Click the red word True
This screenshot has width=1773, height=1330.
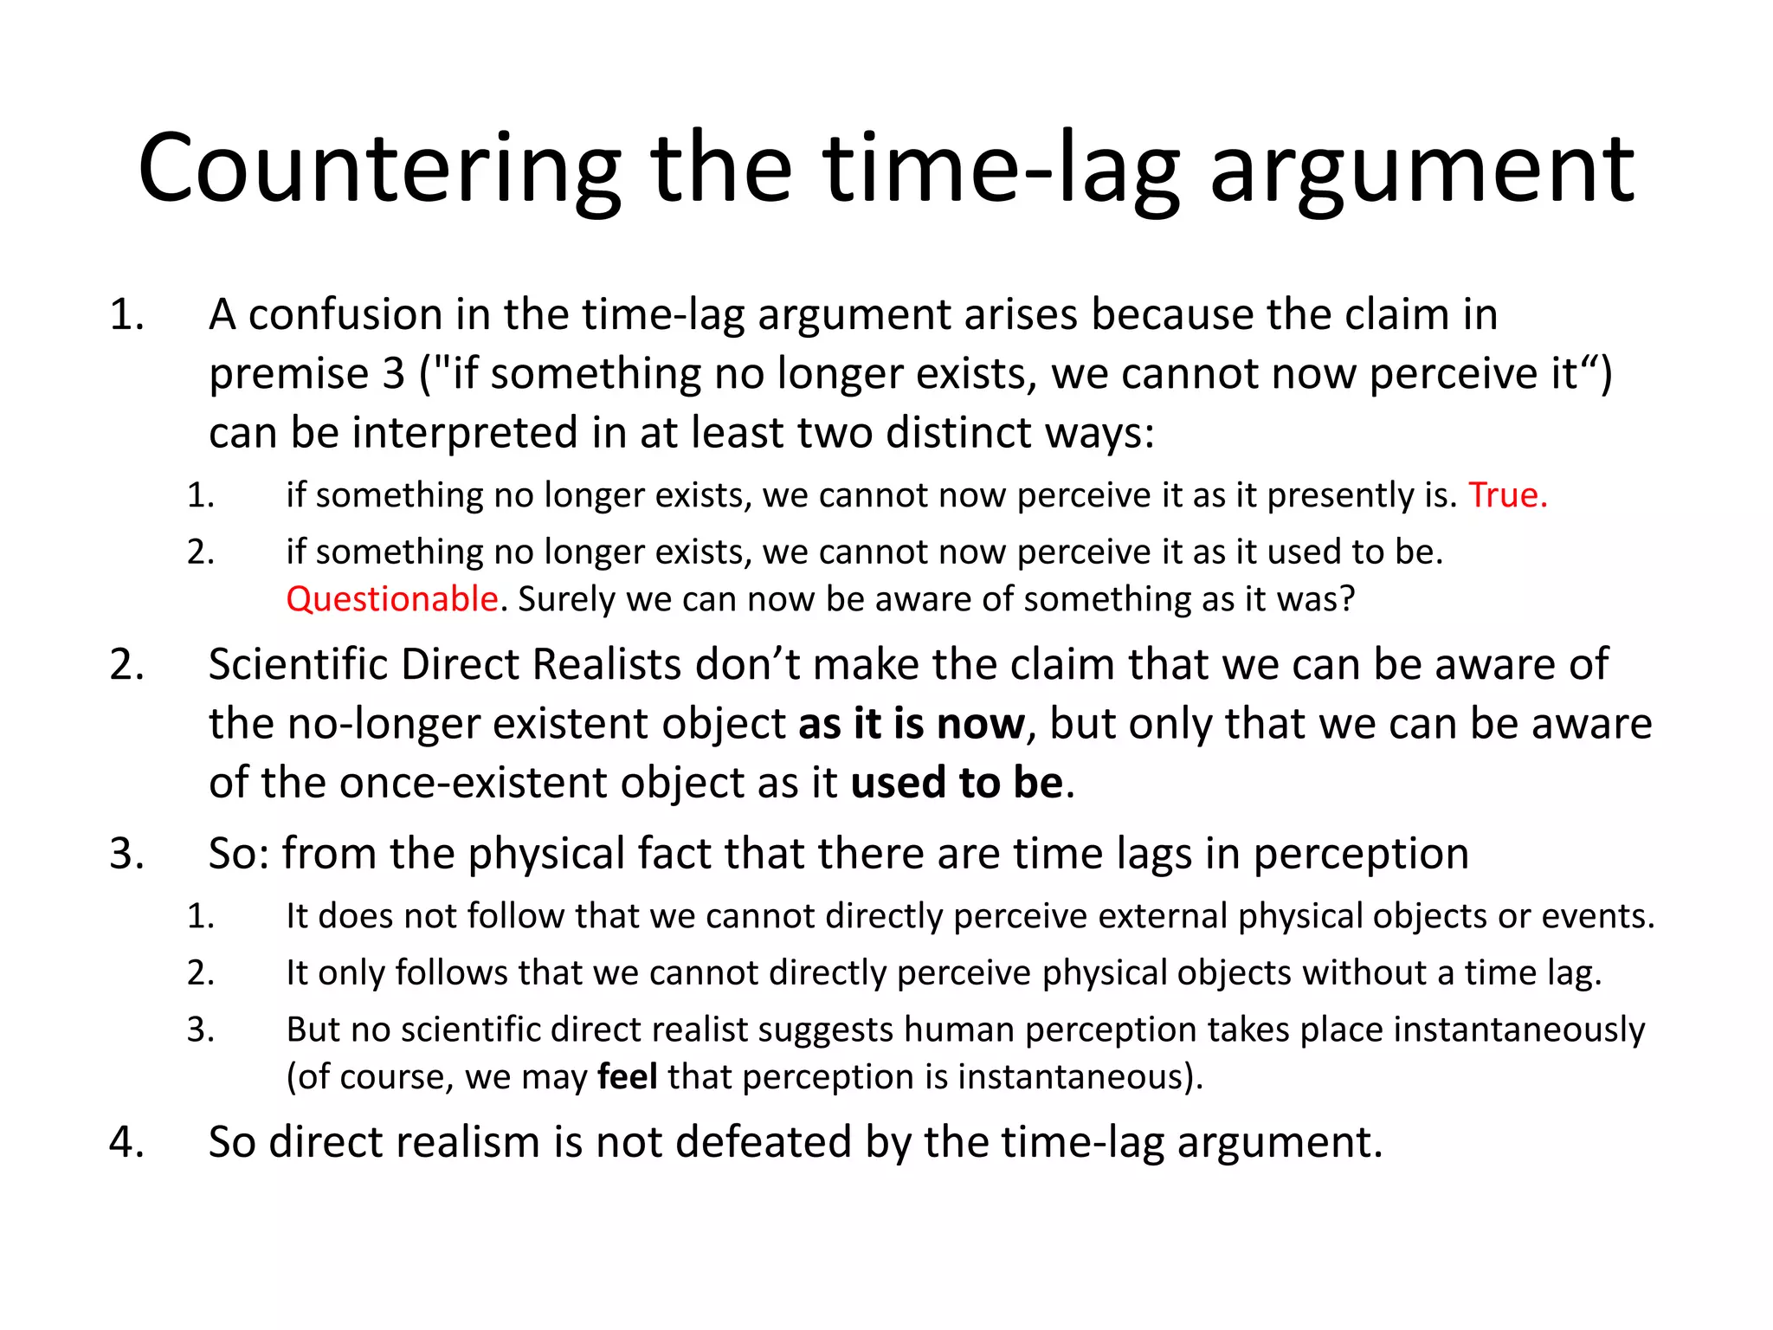pyautogui.click(x=1507, y=495)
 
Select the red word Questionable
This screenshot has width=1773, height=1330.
pyautogui.click(x=392, y=599)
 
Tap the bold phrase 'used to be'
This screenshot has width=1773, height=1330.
pyautogui.click(x=957, y=783)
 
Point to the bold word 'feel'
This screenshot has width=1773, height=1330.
pyautogui.click(x=628, y=1077)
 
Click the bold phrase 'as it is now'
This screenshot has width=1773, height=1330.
pyautogui.click(x=911, y=724)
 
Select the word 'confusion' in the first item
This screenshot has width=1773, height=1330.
pyautogui.click(x=345, y=314)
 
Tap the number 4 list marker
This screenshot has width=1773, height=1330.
pyautogui.click(x=126, y=1142)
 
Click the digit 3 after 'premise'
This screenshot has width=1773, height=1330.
pyautogui.click(x=394, y=374)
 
